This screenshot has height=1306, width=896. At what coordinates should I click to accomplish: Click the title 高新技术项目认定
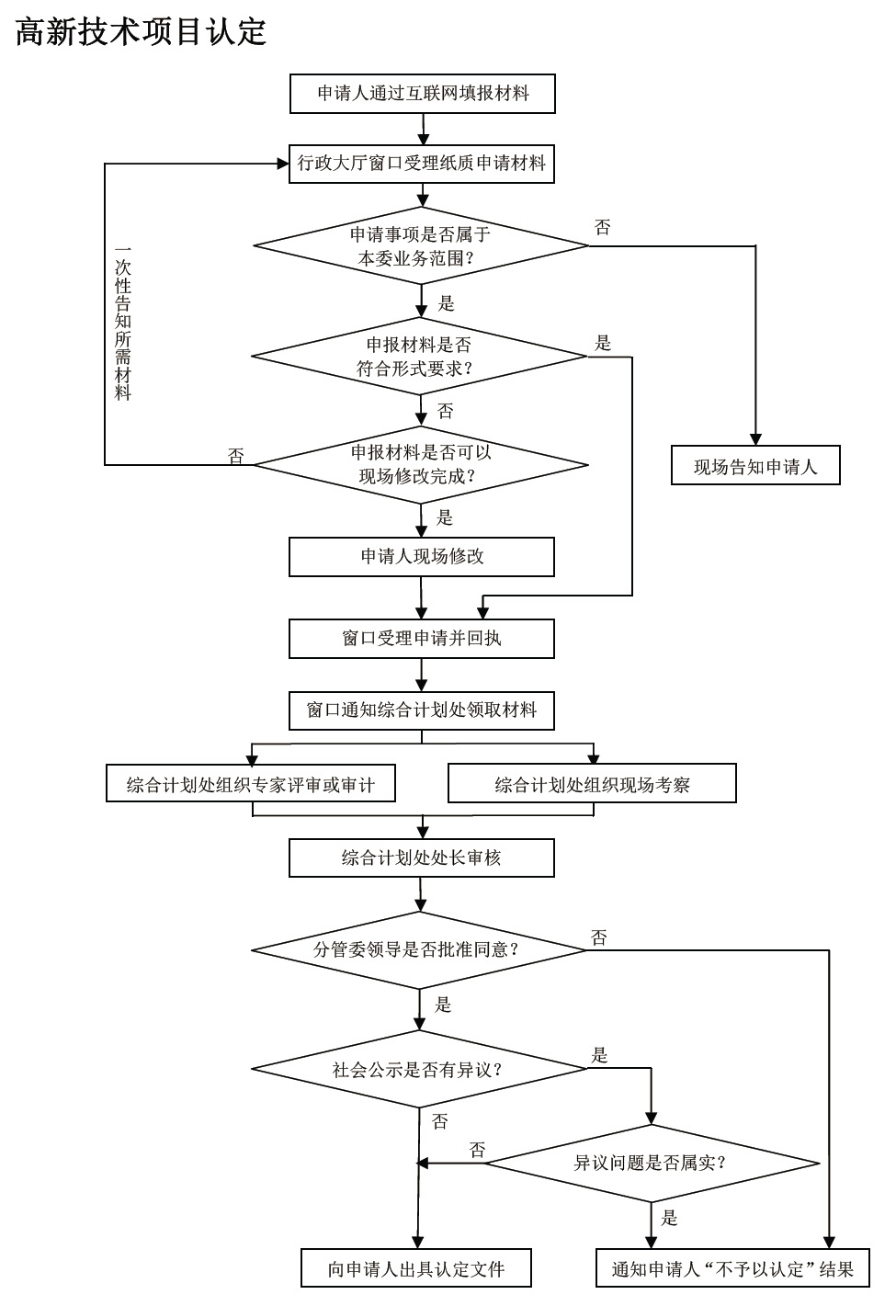[141, 31]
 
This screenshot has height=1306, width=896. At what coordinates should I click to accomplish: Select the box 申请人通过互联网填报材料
[423, 94]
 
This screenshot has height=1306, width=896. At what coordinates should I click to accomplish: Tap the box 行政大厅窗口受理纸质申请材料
[422, 164]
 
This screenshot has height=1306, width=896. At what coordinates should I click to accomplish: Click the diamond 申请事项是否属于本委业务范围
[421, 245]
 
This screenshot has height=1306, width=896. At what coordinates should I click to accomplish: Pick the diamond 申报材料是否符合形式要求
[419, 357]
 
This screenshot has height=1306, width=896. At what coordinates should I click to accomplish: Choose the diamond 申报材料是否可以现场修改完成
[421, 465]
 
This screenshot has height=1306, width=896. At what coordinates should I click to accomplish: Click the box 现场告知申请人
[755, 465]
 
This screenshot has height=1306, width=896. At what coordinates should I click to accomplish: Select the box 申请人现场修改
[422, 557]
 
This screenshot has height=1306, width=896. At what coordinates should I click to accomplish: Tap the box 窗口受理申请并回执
[422, 639]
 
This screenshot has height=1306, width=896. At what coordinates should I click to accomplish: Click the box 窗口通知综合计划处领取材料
[422, 710]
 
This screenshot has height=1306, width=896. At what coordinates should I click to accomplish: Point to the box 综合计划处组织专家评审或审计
[251, 783]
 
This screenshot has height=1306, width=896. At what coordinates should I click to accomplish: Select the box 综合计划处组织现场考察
[593, 783]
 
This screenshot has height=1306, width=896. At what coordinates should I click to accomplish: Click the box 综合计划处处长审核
[422, 857]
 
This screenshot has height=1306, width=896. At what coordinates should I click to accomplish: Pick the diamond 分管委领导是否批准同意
[418, 950]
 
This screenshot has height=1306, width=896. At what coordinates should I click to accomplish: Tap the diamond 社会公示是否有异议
[418, 1069]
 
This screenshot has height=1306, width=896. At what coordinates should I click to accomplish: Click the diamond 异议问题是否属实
[652, 1164]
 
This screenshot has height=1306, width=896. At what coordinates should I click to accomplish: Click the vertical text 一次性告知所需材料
[123, 324]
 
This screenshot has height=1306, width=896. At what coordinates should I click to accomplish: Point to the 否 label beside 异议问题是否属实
[478, 1150]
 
